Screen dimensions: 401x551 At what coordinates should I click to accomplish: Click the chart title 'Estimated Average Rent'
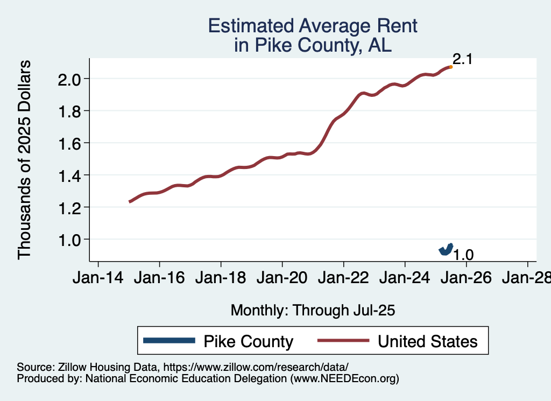pos(313,26)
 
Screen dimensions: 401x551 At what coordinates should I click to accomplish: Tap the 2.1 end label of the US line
pos(462,59)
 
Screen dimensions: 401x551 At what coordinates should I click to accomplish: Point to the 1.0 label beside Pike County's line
pos(463,255)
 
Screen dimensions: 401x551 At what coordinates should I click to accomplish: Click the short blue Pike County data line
pos(446,249)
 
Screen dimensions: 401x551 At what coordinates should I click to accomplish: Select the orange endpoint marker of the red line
pos(450,67)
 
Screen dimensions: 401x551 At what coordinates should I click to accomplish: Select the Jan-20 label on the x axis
pos(282,278)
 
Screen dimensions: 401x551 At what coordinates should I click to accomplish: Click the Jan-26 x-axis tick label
pos(466,278)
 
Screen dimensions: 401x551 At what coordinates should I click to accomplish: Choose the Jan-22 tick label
pos(343,278)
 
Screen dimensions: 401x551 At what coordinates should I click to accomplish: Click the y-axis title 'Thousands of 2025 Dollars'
pos(25,159)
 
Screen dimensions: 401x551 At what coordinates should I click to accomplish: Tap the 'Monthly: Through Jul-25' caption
pos(313,310)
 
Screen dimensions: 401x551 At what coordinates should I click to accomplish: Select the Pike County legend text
pos(248,341)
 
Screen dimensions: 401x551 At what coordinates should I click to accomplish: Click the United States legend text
pos(427,341)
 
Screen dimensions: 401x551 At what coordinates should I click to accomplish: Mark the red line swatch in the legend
pos(343,341)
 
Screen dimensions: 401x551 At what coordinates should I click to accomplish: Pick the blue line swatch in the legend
pos(169,341)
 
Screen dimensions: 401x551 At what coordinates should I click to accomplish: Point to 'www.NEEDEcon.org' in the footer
pos(345,378)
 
